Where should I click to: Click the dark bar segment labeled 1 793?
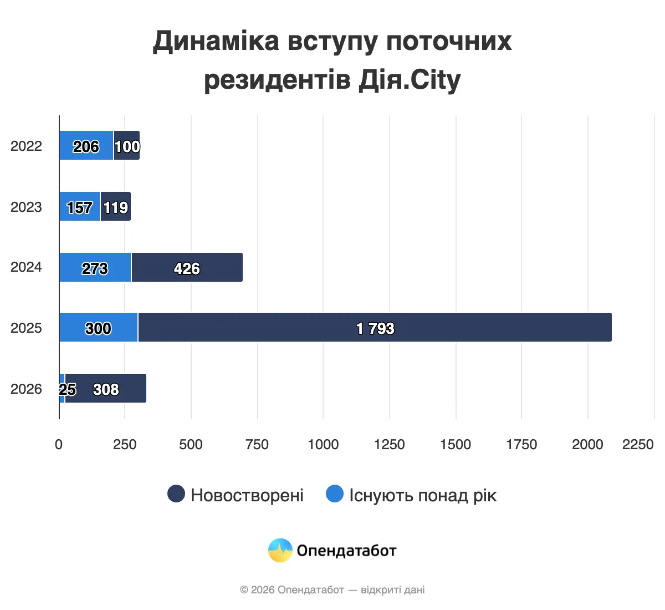[375, 327]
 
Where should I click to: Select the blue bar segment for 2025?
[98, 327]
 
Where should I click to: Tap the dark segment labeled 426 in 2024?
[187, 267]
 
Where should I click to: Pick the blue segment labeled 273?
[95, 267]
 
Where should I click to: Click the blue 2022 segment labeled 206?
[86, 146]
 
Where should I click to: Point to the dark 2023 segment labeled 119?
[115, 207]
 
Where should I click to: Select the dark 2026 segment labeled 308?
[105, 388]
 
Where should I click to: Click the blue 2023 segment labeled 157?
[79, 207]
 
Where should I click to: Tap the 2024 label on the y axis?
[26, 267]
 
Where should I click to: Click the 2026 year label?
[26, 389]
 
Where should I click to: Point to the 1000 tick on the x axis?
[323, 444]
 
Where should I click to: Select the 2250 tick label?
[638, 444]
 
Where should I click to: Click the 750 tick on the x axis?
[257, 444]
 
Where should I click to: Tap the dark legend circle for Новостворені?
[176, 494]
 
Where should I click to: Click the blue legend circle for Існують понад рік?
[335, 494]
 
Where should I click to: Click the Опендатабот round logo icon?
[280, 550]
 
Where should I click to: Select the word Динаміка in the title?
[216, 41]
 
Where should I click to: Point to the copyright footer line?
[332, 589]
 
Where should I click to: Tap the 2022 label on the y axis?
[26, 146]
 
